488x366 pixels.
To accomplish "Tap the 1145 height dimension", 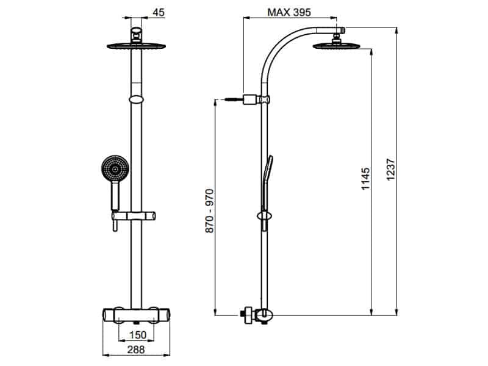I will click(x=365, y=178).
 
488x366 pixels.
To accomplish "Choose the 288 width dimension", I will click(x=135, y=350).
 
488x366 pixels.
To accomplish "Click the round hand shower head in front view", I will click(x=113, y=168).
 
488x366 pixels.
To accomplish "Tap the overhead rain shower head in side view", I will click(x=334, y=45).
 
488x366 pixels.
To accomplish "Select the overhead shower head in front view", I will click(x=135, y=45).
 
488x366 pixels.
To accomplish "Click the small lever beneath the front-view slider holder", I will click(x=113, y=227).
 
